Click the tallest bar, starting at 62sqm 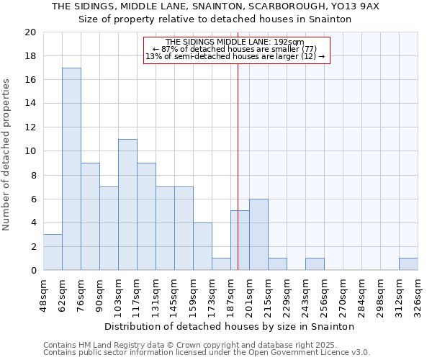coord(71,169)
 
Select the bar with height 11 coord(127,204)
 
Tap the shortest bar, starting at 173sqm coord(221,264)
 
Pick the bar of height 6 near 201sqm coord(258,235)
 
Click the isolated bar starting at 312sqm coord(408,264)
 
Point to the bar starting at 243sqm coord(315,264)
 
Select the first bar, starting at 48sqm coord(53,252)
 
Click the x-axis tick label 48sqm coord(44,294)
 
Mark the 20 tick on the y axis coord(30,32)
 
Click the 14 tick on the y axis coord(30,104)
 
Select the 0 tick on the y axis coord(33,270)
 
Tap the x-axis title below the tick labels coord(229,326)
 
